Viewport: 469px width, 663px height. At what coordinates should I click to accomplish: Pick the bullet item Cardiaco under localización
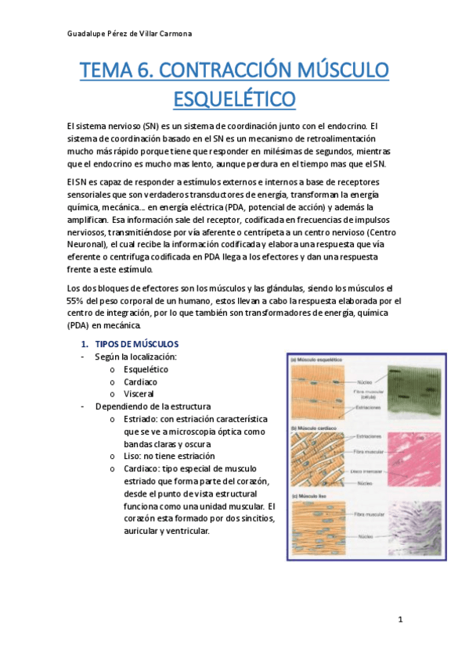(x=140, y=382)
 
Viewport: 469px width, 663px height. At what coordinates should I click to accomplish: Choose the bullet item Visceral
(x=139, y=394)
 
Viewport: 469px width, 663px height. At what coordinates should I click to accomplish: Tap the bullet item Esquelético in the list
(x=146, y=369)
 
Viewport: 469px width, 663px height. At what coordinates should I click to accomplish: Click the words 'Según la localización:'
(x=135, y=357)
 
